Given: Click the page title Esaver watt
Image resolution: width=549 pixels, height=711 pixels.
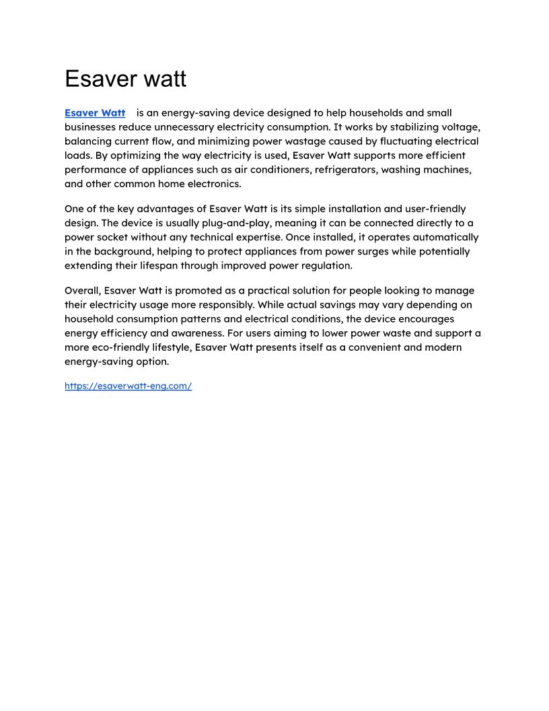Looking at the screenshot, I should (125, 79).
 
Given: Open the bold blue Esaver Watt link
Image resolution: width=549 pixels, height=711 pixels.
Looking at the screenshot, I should (95, 113).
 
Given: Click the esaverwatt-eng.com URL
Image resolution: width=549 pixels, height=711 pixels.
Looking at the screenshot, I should (129, 386).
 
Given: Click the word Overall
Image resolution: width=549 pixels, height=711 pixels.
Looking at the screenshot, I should (81, 291).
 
